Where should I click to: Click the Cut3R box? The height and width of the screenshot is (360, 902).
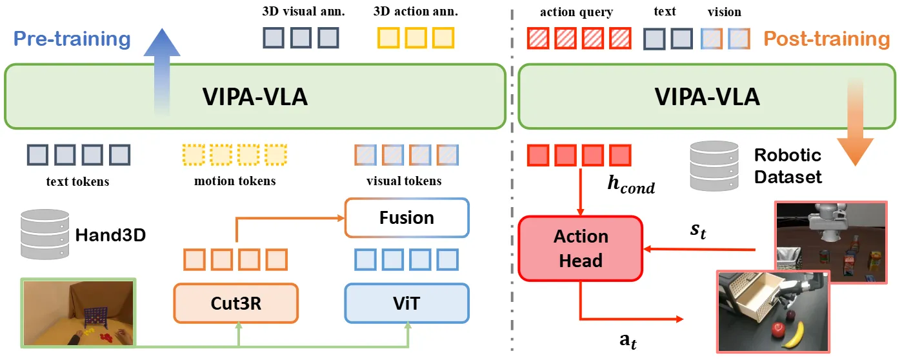[x=236, y=303]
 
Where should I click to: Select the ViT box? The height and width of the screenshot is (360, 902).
[x=407, y=303]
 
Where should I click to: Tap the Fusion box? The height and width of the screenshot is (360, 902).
[x=406, y=217]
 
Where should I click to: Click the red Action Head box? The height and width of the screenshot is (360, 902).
[x=580, y=248]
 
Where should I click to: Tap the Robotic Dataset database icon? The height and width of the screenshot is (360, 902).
[x=713, y=166]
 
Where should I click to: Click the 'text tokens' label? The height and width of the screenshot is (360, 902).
[x=77, y=181]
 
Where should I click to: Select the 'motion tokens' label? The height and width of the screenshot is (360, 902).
[x=235, y=181]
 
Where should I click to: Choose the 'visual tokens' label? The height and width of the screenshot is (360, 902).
[x=404, y=181]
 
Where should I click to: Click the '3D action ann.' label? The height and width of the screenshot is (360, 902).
[x=416, y=12]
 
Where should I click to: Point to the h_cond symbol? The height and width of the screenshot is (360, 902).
[x=630, y=184]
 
